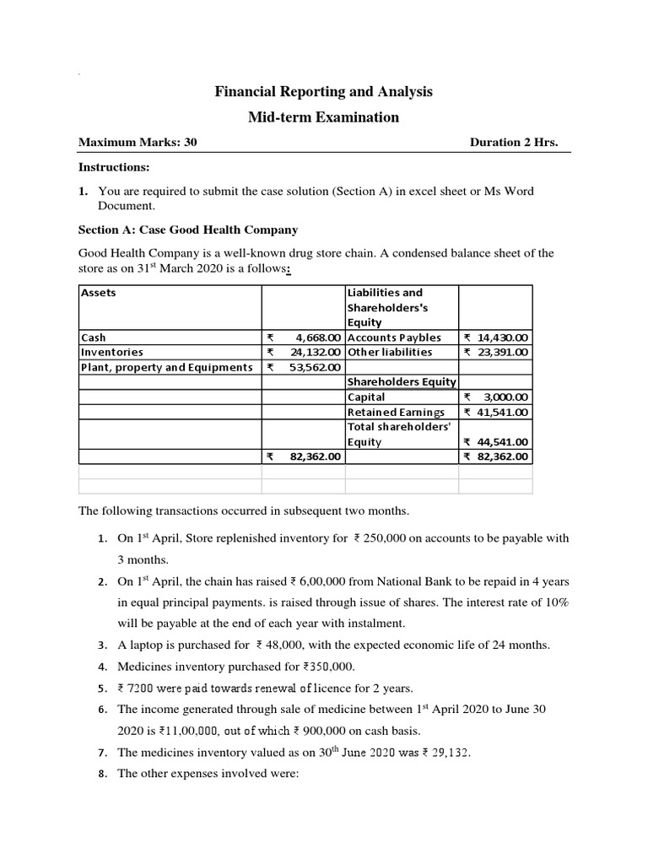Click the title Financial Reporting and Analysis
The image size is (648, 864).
coord(323,91)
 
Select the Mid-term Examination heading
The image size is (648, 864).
coord(323,117)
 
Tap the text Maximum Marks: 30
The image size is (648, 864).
coord(138,143)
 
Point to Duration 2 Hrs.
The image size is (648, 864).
coord(514,143)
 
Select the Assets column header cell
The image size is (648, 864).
coord(99,293)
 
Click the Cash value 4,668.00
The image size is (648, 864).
coord(314,337)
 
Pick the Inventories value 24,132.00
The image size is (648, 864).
coord(311,352)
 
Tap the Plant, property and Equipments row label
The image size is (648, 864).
coord(166,367)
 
